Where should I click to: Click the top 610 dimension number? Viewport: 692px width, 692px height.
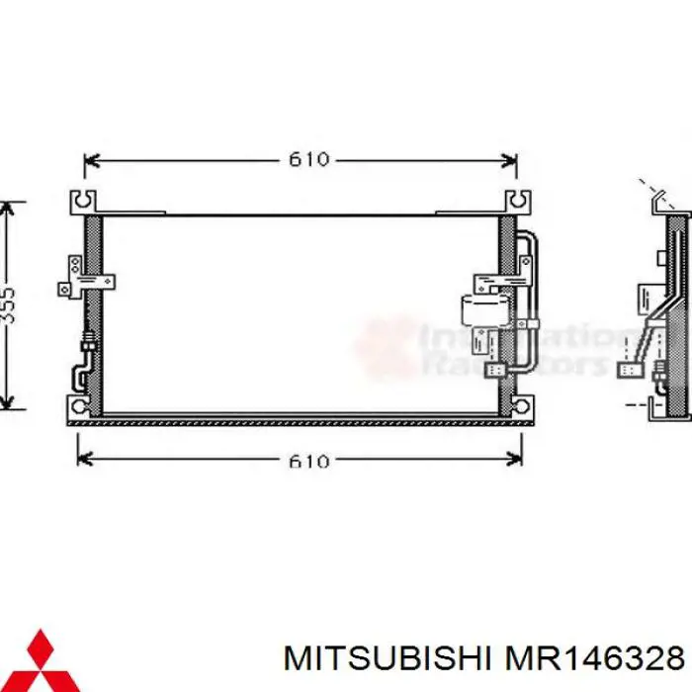[x=307, y=159]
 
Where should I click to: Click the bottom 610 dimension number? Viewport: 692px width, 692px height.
[x=307, y=461]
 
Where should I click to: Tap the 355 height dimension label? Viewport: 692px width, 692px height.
[x=8, y=305]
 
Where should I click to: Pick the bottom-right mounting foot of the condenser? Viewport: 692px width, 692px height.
[x=517, y=405]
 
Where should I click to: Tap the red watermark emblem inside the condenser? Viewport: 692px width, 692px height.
[x=381, y=346]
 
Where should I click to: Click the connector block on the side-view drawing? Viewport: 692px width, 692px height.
[x=629, y=371]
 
